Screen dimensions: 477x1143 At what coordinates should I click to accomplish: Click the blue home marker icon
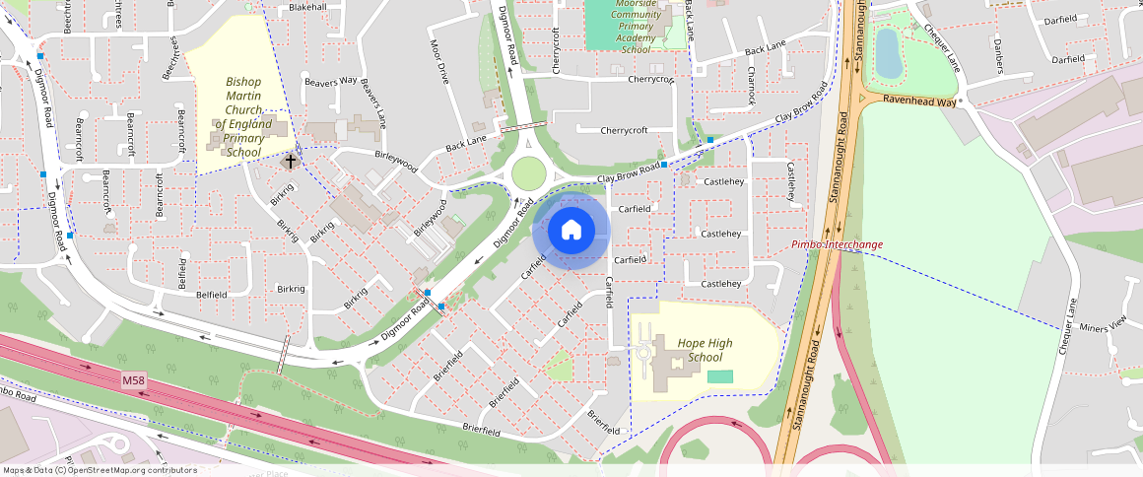pos(571,231)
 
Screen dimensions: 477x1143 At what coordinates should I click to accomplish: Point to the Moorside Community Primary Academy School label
pos(636,27)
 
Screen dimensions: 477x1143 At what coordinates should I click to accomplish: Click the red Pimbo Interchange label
pos(838,244)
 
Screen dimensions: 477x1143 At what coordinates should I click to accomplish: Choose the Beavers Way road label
pos(330,81)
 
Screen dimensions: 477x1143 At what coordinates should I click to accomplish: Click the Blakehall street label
pos(307,7)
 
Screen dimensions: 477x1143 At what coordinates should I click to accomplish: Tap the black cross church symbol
pos(290,159)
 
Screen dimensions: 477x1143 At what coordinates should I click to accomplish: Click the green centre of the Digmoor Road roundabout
pos(528,173)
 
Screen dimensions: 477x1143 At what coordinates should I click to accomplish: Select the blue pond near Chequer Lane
pos(888,52)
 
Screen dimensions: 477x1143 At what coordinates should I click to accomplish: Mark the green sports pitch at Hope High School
pos(720,376)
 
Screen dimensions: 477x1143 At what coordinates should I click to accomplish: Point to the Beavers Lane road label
pos(371,103)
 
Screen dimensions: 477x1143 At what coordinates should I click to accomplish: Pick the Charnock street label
pos(750,87)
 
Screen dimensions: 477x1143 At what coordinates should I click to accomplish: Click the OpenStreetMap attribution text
pos(101,470)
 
